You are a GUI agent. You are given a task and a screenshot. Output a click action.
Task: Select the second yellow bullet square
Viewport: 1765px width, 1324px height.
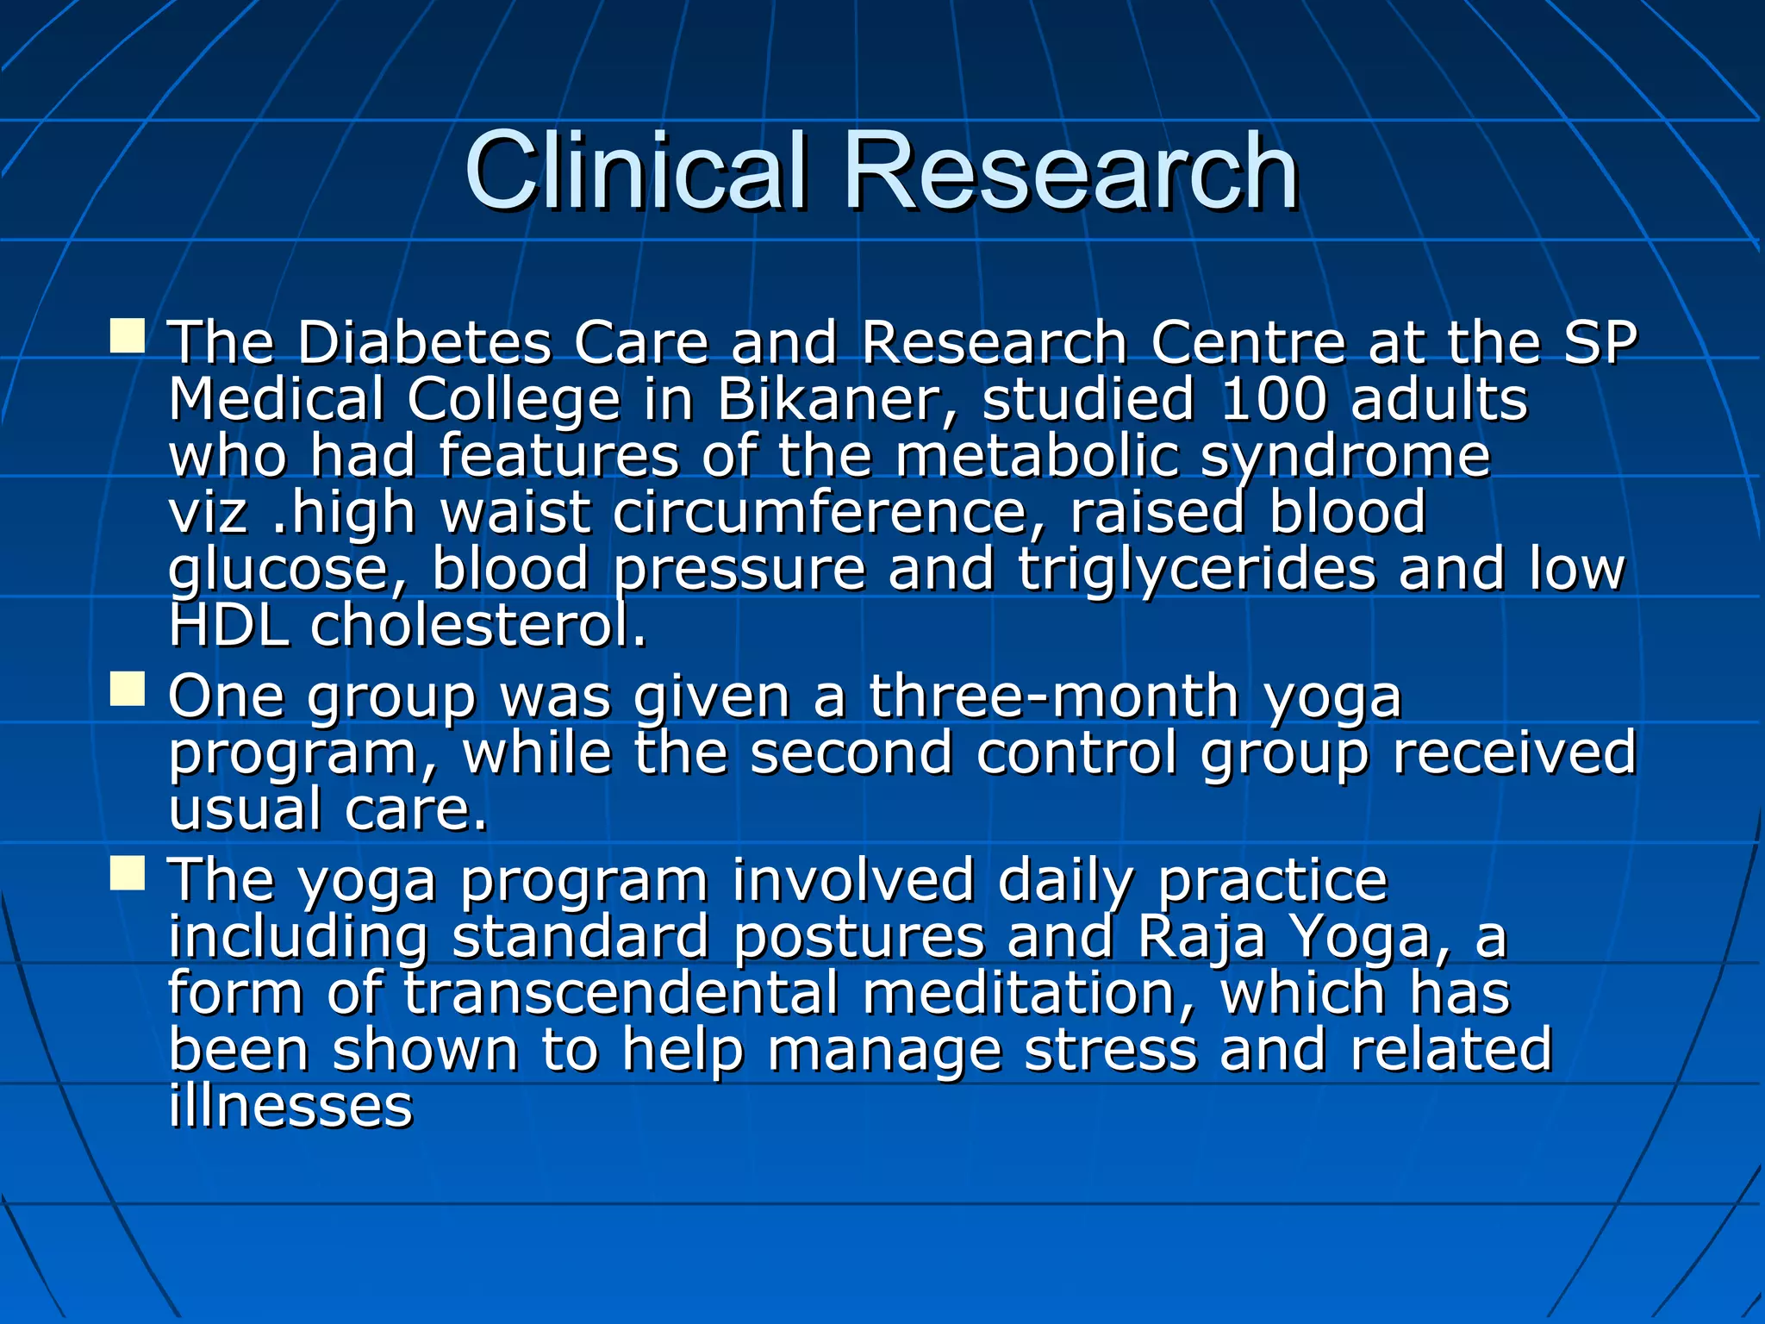click(x=128, y=690)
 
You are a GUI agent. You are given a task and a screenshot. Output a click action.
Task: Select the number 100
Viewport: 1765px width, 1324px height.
click(x=1273, y=400)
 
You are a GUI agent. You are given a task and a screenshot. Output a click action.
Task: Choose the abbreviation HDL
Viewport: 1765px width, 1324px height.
click(x=228, y=626)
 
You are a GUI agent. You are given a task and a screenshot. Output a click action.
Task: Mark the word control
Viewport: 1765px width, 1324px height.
click(x=1076, y=753)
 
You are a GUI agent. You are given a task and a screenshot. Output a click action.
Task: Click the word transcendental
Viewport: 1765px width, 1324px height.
click(x=621, y=993)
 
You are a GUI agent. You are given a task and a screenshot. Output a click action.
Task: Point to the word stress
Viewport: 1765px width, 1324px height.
click(x=1111, y=1050)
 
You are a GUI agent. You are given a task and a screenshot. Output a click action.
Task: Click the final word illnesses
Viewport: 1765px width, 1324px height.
click(x=290, y=1107)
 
